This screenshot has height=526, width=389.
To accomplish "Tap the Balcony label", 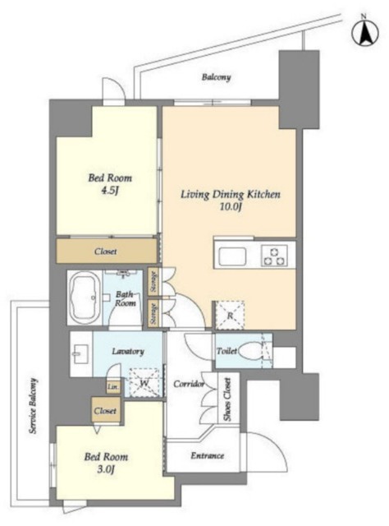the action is tap(216, 77).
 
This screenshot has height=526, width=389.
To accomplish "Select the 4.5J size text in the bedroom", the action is tap(110, 191).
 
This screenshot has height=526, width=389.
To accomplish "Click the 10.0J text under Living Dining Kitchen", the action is tap(231, 207).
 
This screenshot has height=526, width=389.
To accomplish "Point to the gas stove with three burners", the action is tap(275, 256).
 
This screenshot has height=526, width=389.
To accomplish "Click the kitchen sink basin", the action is tap(232, 256).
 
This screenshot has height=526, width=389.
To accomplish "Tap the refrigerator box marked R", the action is tap(230, 315).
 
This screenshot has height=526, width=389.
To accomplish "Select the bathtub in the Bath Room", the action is tap(84, 298).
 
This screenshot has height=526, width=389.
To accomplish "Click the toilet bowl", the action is tap(251, 351).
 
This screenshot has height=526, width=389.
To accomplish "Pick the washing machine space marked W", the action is tap(144, 382).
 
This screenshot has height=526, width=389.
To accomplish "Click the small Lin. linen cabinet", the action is tap(113, 387).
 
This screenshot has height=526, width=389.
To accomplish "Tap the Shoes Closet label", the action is tap(227, 399).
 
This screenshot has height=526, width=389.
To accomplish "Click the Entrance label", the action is tap(208, 455).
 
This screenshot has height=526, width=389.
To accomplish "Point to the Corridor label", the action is tap(189, 384).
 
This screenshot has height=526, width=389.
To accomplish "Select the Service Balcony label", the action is tap(33, 406).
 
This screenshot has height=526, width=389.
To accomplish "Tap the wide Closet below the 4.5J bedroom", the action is tap(106, 251).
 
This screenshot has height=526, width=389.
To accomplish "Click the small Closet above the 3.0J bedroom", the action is tap(106, 410).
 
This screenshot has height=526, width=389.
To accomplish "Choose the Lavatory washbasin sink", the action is tap(80, 354).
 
